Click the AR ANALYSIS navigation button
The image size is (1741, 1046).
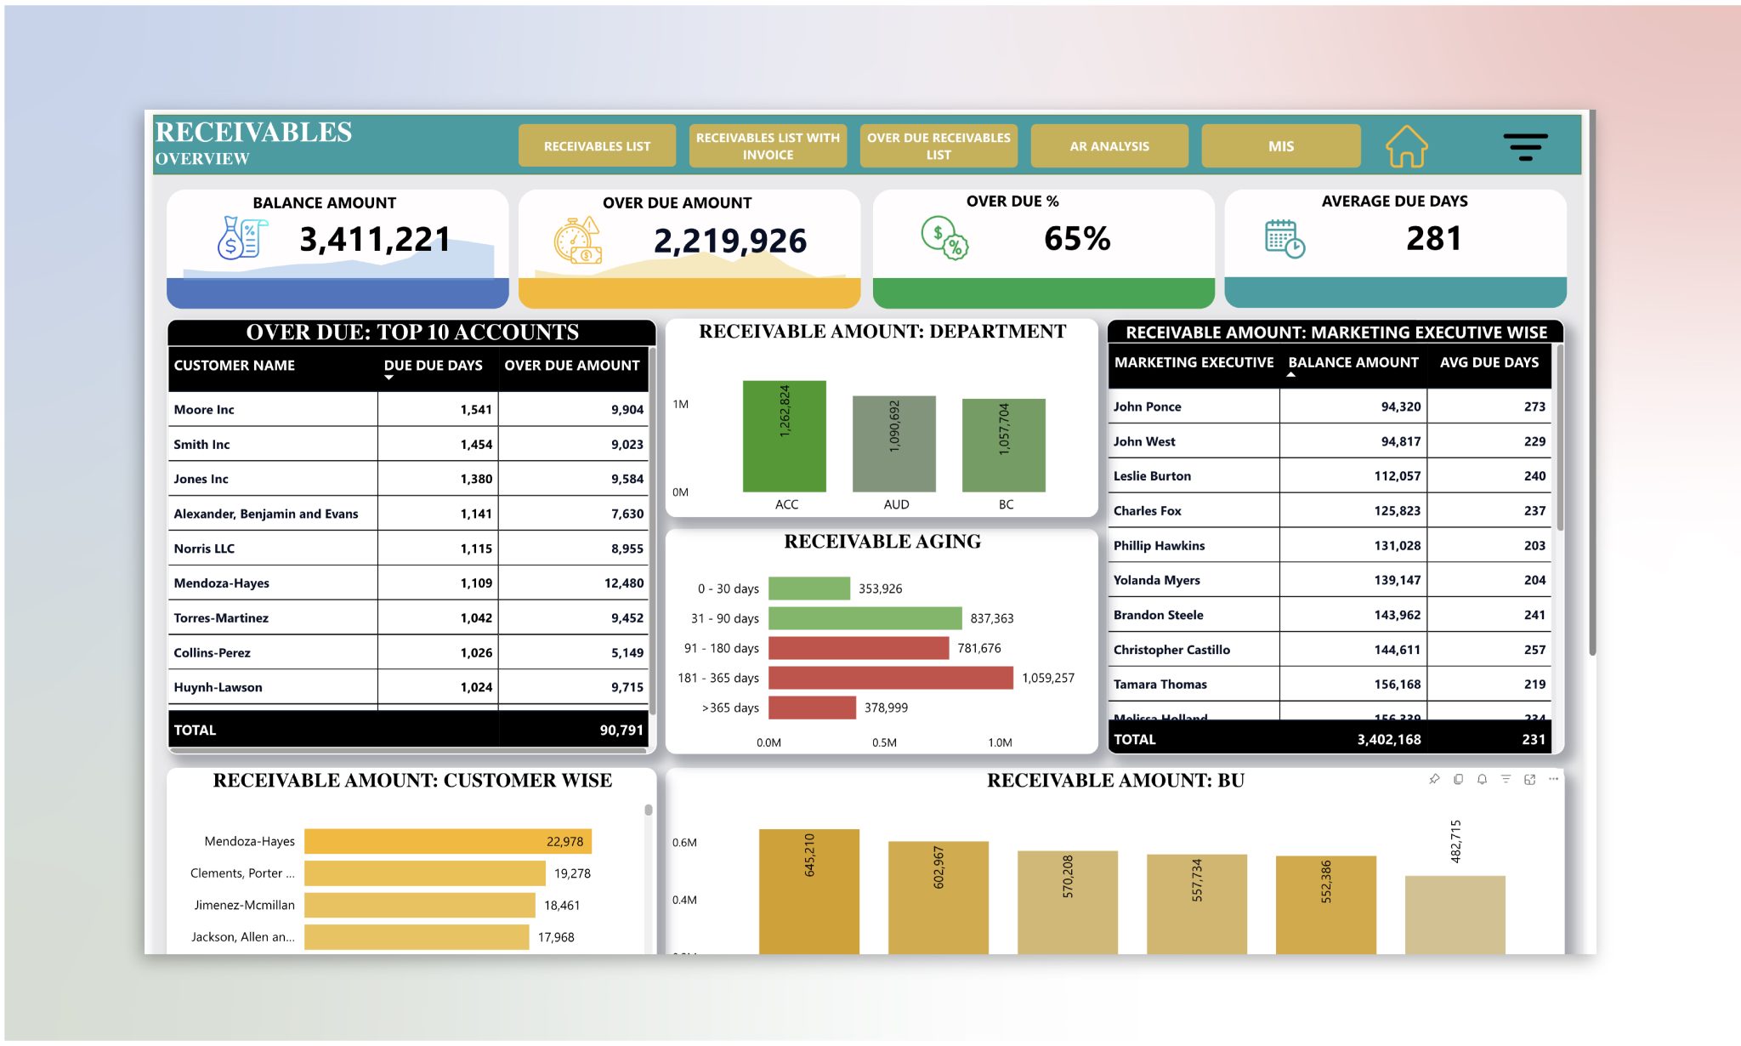(1109, 146)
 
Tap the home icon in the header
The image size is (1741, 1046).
(1406, 146)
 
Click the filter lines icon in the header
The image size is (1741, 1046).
(1525, 146)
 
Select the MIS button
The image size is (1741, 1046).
(1280, 146)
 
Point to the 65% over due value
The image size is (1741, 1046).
(1076, 239)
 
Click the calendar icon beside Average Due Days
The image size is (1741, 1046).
(1284, 239)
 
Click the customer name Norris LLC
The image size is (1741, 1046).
(204, 549)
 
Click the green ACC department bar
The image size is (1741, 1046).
(784, 436)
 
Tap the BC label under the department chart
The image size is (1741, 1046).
(1006, 504)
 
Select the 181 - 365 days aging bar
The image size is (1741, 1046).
(890, 678)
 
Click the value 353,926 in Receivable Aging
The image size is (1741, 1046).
(880, 588)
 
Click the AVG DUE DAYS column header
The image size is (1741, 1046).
(1489, 362)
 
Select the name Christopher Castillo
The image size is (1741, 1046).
(1171, 650)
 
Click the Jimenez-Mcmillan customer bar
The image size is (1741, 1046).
(419, 905)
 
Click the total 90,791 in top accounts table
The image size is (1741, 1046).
(621, 730)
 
